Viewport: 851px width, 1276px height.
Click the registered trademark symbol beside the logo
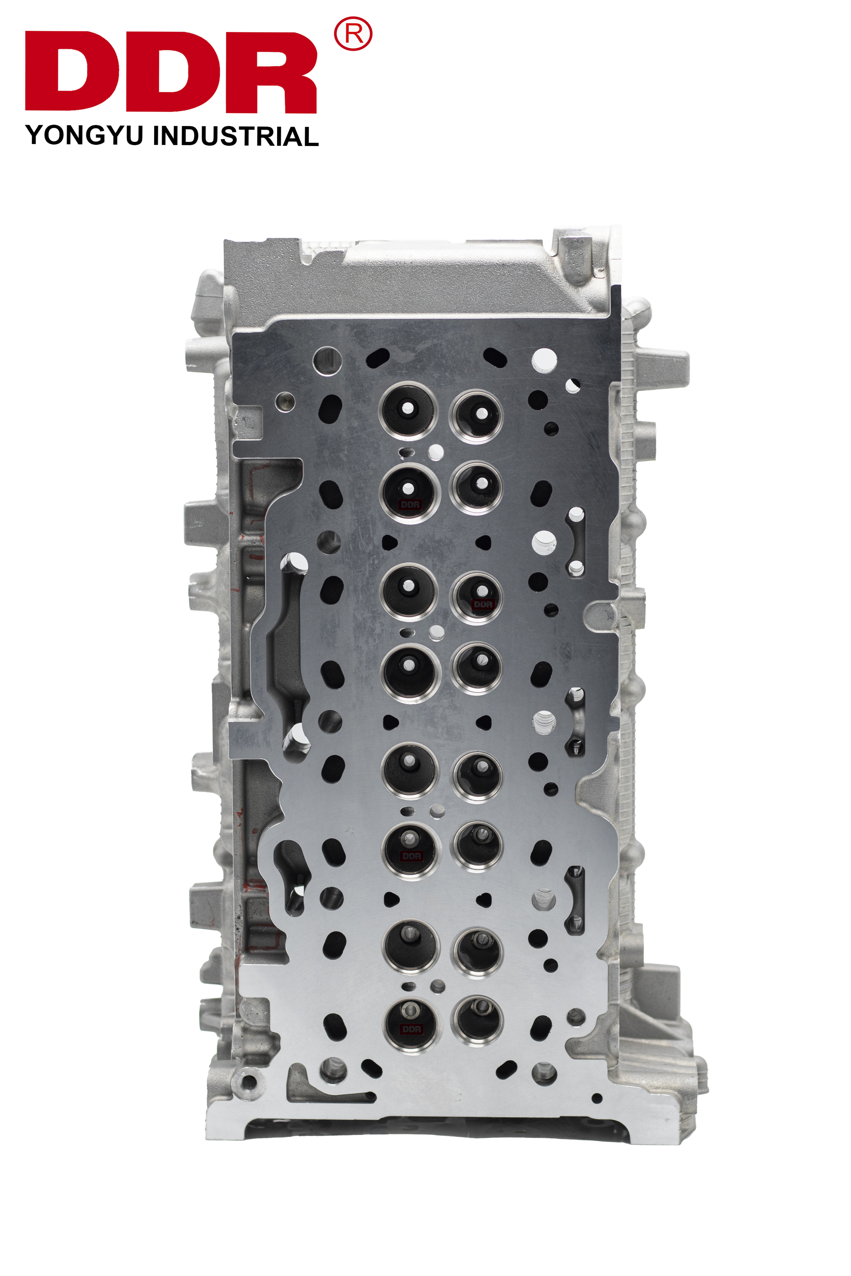353,34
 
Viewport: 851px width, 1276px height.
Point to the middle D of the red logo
174,71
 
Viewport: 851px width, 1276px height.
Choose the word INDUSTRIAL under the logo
236,136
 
